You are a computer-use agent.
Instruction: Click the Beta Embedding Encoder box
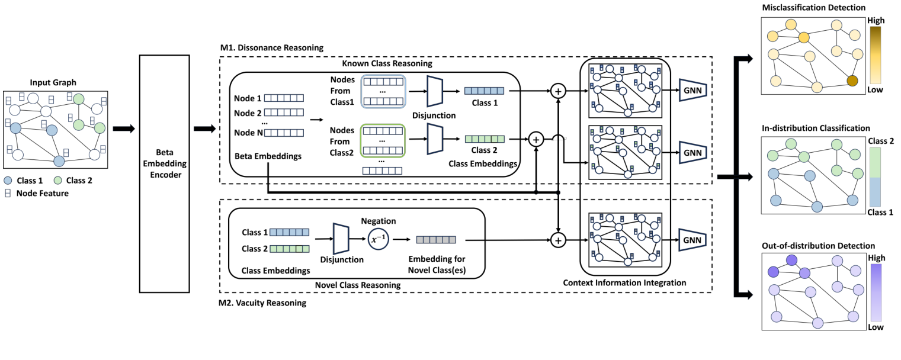pyautogui.click(x=164, y=173)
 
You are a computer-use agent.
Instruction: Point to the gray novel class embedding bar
pyautogui.click(x=436, y=240)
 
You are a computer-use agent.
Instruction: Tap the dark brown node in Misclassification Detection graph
pyautogui.click(x=852, y=81)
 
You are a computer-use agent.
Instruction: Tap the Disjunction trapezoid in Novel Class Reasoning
pyautogui.click(x=341, y=239)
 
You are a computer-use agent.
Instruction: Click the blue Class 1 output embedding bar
pyautogui.click(x=484, y=91)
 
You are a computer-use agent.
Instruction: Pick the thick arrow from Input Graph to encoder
pyautogui.click(x=123, y=129)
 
